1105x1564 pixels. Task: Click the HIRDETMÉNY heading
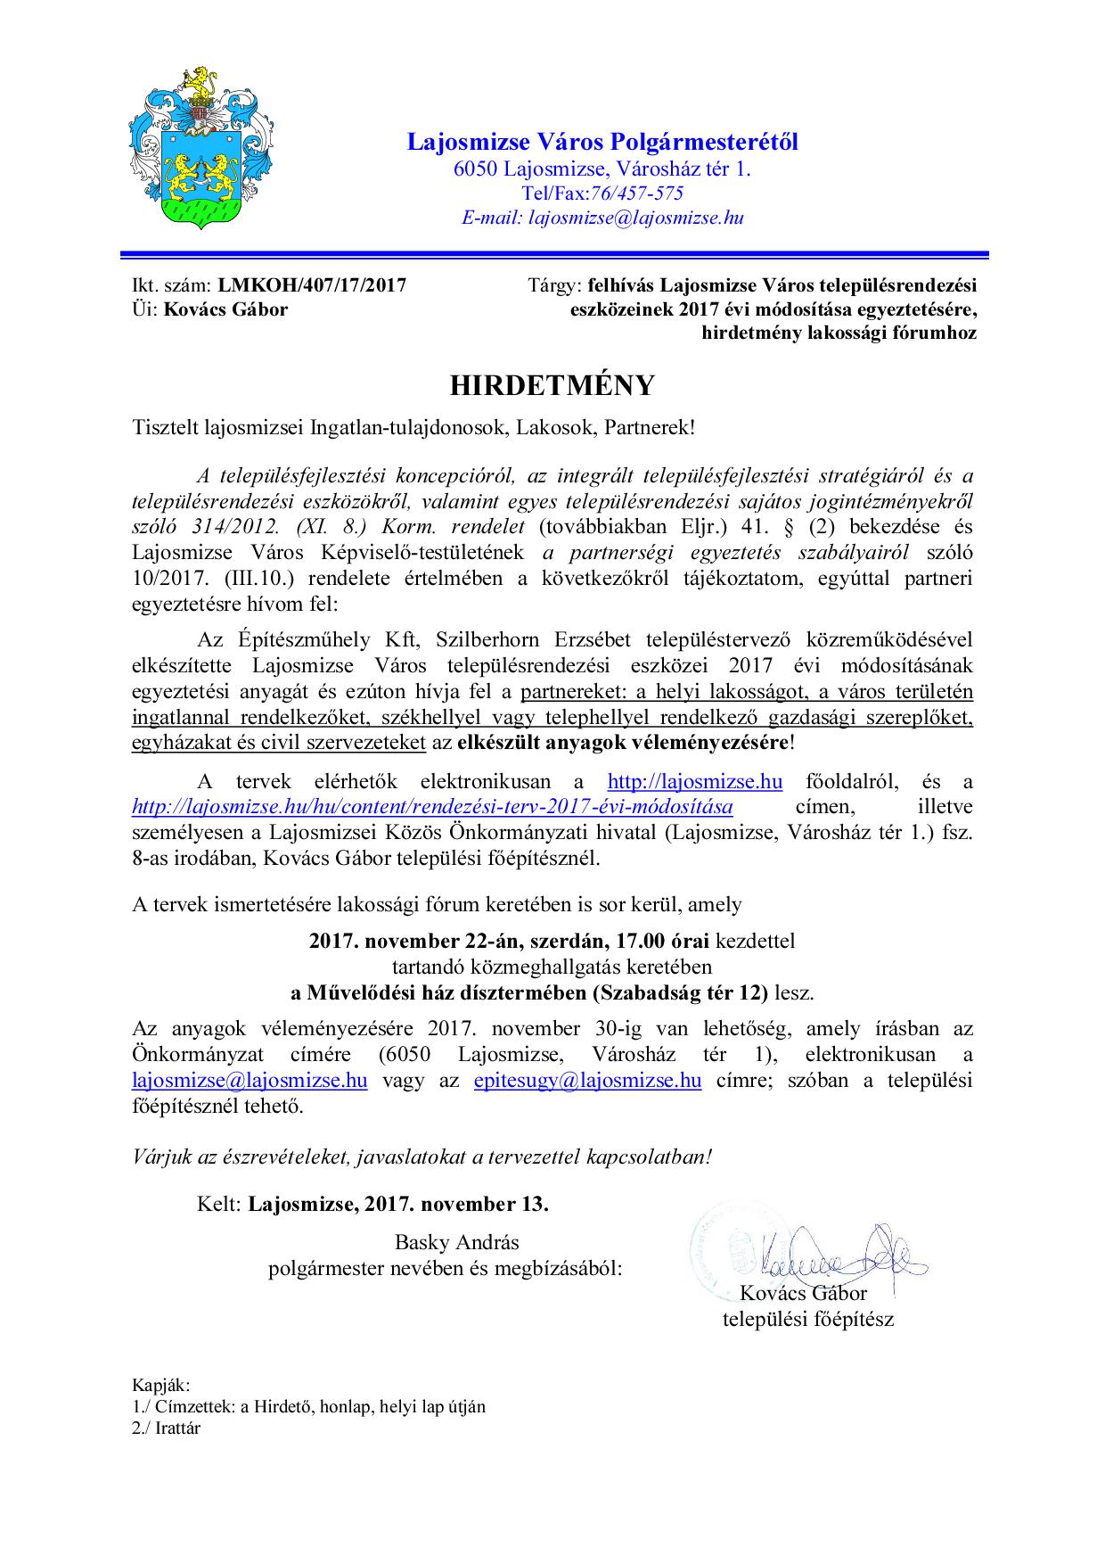[x=552, y=385]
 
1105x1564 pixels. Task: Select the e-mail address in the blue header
[x=636, y=218]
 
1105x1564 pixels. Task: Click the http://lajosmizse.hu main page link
[x=695, y=782]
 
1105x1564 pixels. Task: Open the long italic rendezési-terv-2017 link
[x=432, y=807]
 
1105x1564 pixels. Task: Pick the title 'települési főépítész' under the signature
[x=807, y=1319]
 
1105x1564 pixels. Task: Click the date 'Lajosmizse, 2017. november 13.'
[x=398, y=1204]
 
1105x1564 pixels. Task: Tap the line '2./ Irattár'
[x=167, y=1428]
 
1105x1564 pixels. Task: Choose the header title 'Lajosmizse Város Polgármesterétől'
[x=602, y=142]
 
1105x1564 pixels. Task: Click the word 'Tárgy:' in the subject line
[x=554, y=285]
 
